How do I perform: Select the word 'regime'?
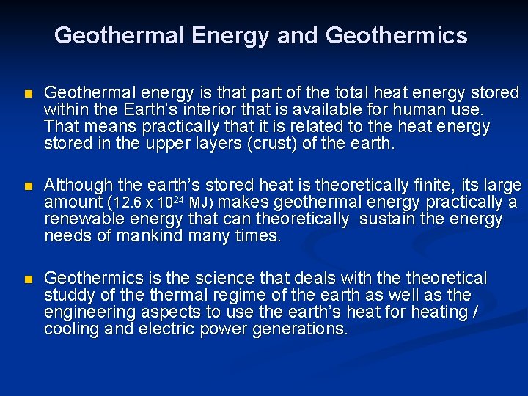pyautogui.click(x=223, y=295)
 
